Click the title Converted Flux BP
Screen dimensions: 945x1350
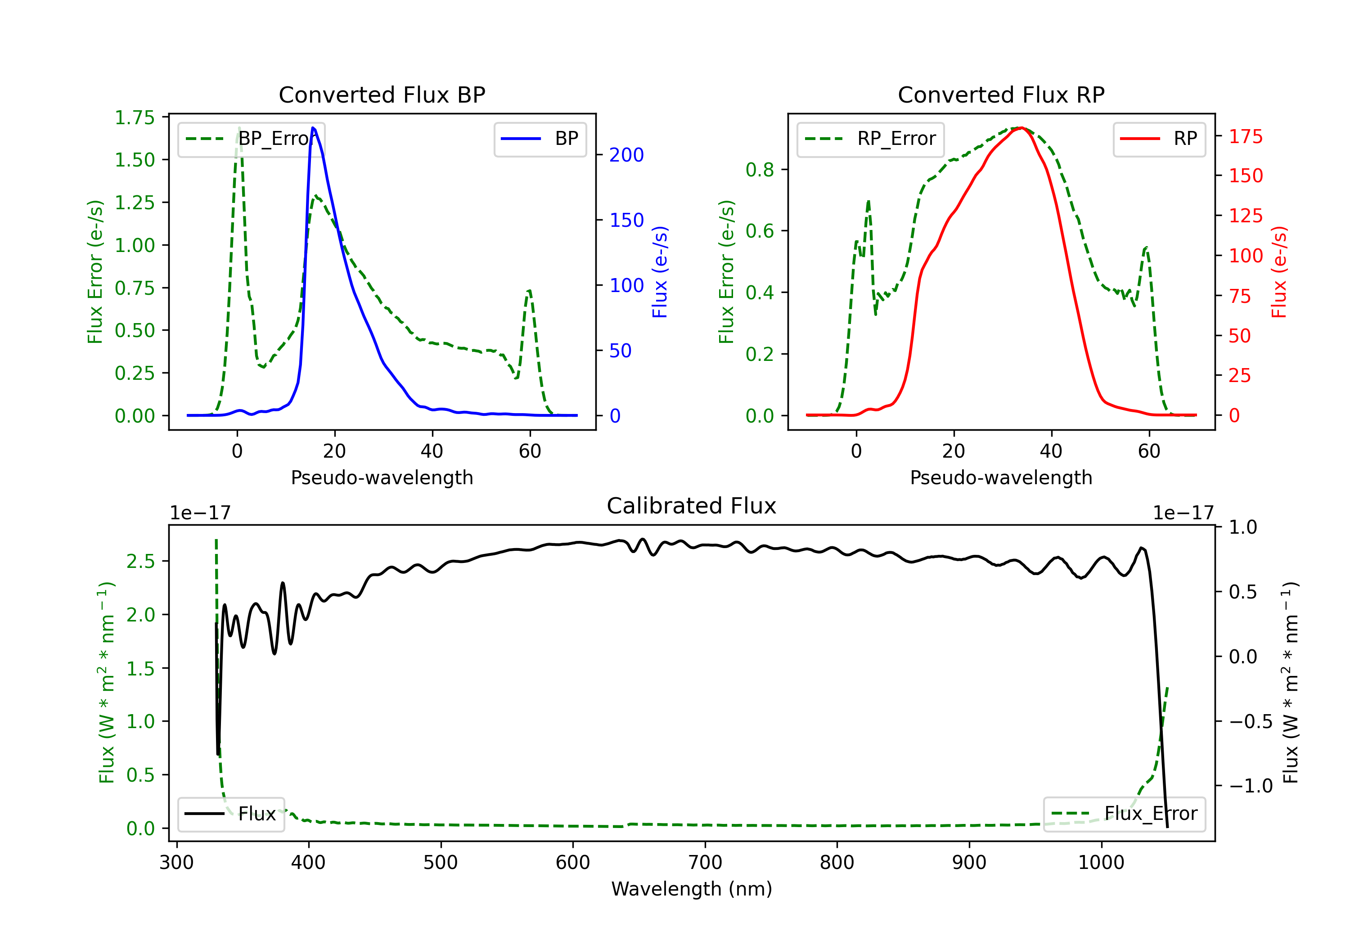[x=382, y=94]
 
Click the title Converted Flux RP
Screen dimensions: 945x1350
[x=1001, y=94]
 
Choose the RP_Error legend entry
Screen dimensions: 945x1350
[x=870, y=139]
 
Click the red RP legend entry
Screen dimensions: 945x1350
[x=1159, y=139]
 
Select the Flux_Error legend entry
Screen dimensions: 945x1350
[x=1124, y=814]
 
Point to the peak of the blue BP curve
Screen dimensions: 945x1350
[x=313, y=128]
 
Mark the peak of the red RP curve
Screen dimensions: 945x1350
[x=1021, y=128]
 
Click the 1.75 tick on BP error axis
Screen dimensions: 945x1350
[x=135, y=117]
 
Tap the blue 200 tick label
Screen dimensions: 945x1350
[x=626, y=155]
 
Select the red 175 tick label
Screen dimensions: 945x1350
[x=1245, y=136]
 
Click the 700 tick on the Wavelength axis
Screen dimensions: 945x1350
[x=705, y=863]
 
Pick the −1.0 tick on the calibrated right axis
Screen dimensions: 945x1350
[x=1250, y=786]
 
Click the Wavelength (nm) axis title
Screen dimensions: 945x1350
[x=692, y=889]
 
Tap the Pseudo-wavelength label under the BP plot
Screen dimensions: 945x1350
[x=382, y=477]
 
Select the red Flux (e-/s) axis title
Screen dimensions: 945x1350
[x=1279, y=272]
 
